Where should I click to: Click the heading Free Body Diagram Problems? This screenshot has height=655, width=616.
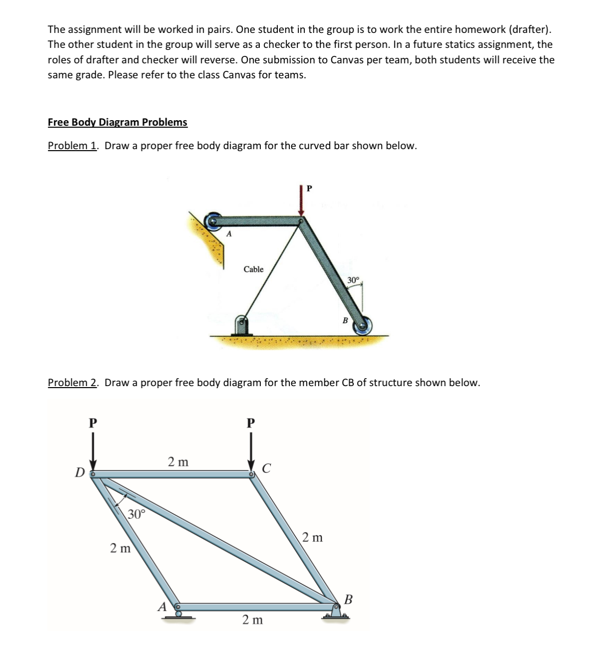117,122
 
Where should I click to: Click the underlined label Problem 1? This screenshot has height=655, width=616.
72,146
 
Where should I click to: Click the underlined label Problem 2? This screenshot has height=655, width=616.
72,383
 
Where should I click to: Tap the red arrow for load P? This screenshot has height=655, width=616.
301,200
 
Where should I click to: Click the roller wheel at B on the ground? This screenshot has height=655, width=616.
363,326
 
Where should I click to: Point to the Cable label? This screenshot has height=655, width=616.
253,269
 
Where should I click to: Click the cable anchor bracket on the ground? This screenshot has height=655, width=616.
242,326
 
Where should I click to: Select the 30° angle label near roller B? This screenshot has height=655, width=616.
353,280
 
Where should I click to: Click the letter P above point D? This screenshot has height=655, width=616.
92,423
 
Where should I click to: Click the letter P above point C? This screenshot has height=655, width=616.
251,423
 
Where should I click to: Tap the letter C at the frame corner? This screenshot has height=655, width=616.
266,468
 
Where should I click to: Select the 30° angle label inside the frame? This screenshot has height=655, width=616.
136,514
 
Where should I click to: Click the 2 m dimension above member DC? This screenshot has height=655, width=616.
178,462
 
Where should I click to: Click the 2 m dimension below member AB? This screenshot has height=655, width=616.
252,620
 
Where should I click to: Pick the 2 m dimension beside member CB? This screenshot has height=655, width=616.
312,537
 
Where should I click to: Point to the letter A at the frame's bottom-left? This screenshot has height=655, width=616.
162,607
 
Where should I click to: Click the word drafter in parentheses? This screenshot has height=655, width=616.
529,29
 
